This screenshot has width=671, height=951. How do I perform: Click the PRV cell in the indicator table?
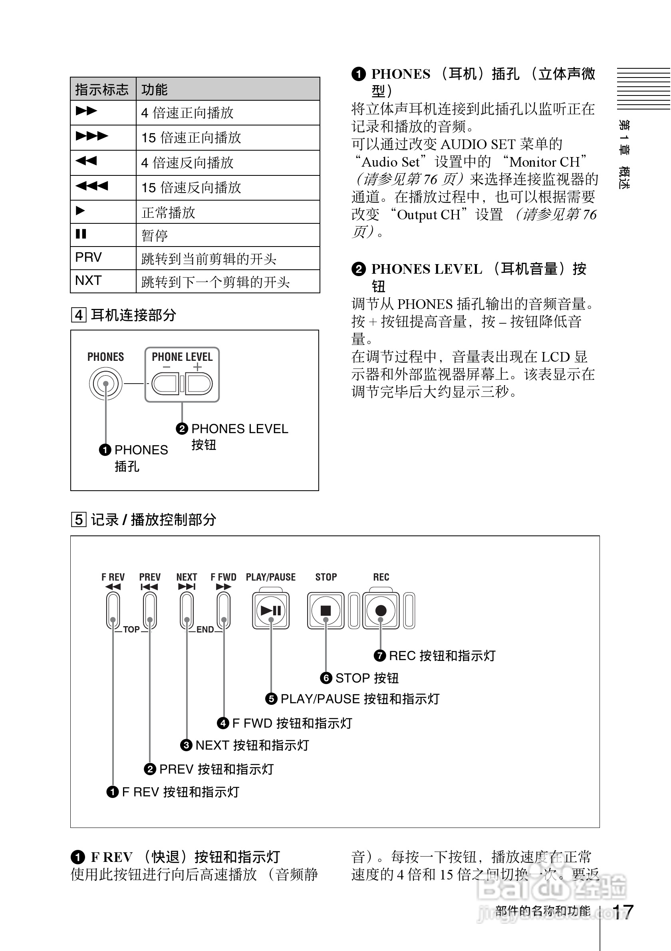tap(89, 257)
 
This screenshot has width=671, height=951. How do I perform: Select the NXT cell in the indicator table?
tap(89, 281)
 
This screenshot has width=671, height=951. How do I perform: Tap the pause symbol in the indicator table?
tap(81, 234)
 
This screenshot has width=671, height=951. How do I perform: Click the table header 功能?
tap(155, 90)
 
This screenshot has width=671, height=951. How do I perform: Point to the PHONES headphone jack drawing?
tap(105, 384)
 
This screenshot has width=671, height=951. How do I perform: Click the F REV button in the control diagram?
tap(113, 610)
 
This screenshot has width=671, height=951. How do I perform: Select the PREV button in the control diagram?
tap(150, 610)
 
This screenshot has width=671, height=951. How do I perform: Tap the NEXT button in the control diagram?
tap(187, 610)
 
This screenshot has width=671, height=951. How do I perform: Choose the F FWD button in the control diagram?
tap(224, 610)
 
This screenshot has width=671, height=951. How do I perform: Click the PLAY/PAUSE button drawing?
tap(271, 611)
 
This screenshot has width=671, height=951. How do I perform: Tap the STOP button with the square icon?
tap(326, 611)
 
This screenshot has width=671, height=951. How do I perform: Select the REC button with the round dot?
tap(380, 611)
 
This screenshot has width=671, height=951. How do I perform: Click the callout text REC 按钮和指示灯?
tap(442, 656)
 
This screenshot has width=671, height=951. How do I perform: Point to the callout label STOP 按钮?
tap(367, 678)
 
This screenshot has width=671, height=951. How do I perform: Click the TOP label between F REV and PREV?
tap(131, 630)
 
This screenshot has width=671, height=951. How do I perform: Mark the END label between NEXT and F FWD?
tap(205, 630)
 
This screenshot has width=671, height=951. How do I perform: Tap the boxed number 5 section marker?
tap(79, 519)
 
